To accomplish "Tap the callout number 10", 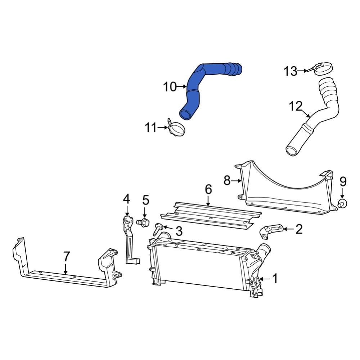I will [x=170, y=87].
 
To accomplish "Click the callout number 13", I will [x=290, y=71].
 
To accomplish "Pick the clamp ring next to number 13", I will [x=323, y=68].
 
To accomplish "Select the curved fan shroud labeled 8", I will [x=284, y=194].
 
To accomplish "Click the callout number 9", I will [x=342, y=181].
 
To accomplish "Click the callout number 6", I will [x=208, y=190].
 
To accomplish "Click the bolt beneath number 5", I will [x=144, y=223].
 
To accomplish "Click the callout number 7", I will [x=66, y=257].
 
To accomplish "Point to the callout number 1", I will [x=275, y=278].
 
